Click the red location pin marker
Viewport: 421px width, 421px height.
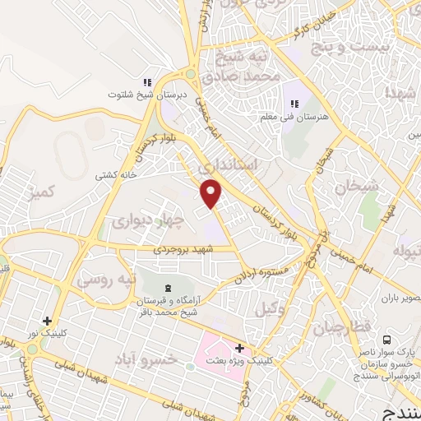[212, 194]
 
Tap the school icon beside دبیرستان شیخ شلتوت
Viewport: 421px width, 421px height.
[148, 82]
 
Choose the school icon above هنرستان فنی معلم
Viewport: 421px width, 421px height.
[294, 104]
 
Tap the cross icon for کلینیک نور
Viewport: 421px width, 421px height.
[47, 321]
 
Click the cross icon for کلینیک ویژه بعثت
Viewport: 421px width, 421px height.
[238, 349]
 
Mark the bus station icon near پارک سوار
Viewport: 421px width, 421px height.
[386, 340]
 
